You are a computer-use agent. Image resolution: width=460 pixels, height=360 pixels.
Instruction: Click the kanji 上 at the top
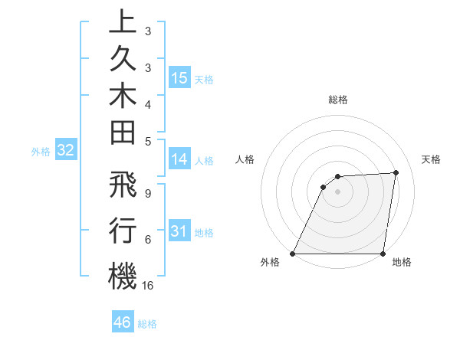123,21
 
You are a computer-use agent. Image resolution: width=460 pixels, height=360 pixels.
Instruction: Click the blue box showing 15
179,78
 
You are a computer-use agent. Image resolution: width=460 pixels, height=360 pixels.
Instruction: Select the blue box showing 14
179,160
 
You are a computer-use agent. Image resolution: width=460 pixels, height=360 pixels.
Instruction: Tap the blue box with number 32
66,151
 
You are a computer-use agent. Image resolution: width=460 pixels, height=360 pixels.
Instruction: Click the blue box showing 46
123,322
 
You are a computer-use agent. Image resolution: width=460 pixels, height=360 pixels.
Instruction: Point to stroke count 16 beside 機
148,285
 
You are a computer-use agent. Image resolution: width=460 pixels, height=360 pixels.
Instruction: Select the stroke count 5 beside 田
148,141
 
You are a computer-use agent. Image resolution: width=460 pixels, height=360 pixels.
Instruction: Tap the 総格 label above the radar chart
337,100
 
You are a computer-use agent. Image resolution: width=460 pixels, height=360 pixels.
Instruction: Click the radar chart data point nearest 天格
396,172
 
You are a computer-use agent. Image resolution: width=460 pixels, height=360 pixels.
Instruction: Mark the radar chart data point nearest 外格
292,254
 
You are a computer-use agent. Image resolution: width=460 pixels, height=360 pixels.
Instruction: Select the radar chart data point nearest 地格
383,254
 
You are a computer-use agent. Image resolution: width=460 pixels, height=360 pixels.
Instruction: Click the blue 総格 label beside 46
147,324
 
